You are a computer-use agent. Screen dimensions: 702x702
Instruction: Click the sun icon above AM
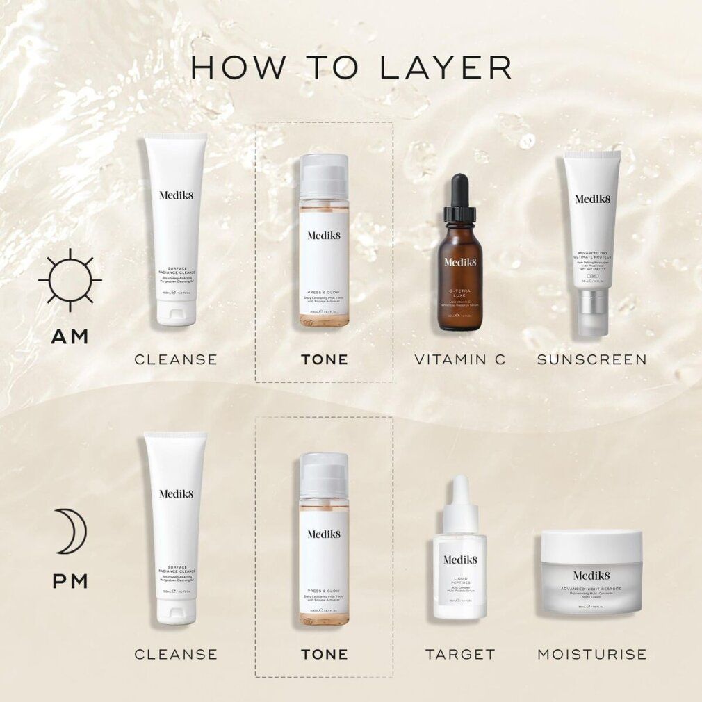[x=70, y=280]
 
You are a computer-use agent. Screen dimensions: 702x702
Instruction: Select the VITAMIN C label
[x=460, y=359]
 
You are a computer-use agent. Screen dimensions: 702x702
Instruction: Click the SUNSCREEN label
[x=592, y=359]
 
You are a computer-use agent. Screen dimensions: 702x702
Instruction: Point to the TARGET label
[x=460, y=654]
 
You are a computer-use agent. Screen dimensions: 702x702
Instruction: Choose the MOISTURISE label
[x=592, y=654]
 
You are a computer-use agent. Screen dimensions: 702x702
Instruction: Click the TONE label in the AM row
[x=324, y=359]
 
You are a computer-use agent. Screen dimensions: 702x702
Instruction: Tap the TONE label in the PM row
[x=324, y=654]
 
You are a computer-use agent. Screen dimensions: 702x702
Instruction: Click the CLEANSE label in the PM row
[x=176, y=654]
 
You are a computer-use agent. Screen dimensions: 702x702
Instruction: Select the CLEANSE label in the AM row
[x=176, y=359]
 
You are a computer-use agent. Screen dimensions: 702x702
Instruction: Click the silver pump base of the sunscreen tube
[x=593, y=313]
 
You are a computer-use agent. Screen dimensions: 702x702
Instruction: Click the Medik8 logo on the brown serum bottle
[x=459, y=262]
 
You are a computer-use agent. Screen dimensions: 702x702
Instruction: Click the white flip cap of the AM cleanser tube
[x=175, y=312]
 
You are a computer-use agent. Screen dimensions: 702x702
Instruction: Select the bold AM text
[x=70, y=336]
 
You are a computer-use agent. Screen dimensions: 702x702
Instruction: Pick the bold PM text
[x=70, y=580]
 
